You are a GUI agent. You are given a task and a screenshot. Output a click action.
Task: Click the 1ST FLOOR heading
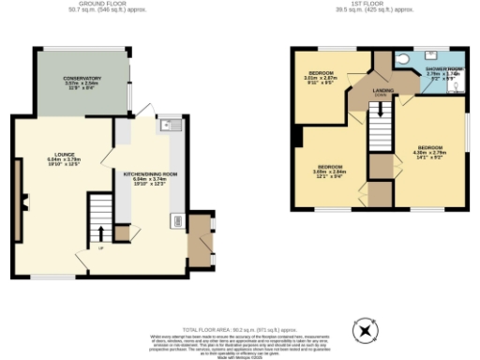[x=374, y=5]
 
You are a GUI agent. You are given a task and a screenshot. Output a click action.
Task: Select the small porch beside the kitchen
[x=200, y=243]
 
